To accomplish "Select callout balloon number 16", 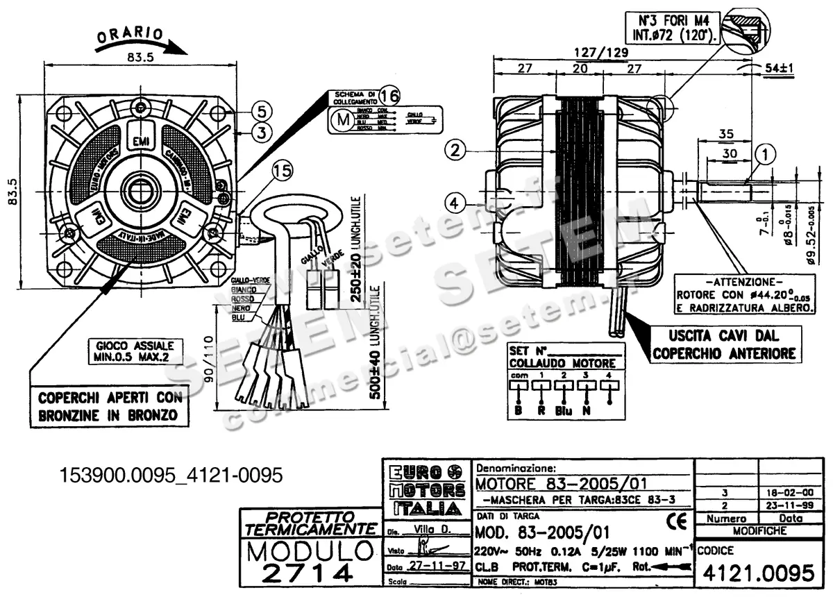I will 389,94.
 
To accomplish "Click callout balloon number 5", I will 258,110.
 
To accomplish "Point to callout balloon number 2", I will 455,149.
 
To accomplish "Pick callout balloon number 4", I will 455,203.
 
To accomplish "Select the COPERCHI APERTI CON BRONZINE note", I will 111,407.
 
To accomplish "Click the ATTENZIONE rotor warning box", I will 743,294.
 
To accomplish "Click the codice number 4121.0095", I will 758,573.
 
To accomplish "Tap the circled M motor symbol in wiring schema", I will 342,119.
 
